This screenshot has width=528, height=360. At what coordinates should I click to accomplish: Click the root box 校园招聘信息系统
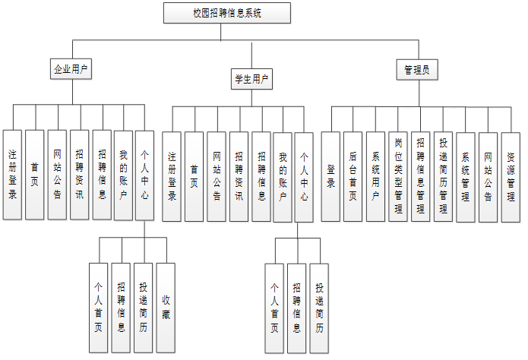tap(227, 13)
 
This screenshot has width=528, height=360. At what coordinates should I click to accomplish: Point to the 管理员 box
tap(416, 70)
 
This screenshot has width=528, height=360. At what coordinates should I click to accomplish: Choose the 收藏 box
tap(166, 308)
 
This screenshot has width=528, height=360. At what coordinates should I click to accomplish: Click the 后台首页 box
tap(353, 176)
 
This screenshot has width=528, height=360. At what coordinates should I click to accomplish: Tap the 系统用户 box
tap(375, 176)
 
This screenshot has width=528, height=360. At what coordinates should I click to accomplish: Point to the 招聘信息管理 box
tap(421, 176)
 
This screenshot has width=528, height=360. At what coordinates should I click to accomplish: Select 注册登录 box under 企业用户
tap(12, 175)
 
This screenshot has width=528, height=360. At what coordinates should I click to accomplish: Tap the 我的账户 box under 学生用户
tap(283, 176)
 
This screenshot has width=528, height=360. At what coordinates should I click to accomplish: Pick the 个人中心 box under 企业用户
tap(144, 175)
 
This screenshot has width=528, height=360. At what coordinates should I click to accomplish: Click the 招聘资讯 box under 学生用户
tap(239, 176)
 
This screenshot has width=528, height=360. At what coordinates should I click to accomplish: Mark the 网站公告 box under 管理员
tap(488, 176)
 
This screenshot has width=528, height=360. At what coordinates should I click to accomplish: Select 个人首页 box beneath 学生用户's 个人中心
tap(275, 308)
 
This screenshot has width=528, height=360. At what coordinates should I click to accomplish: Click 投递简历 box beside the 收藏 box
tap(144, 308)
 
